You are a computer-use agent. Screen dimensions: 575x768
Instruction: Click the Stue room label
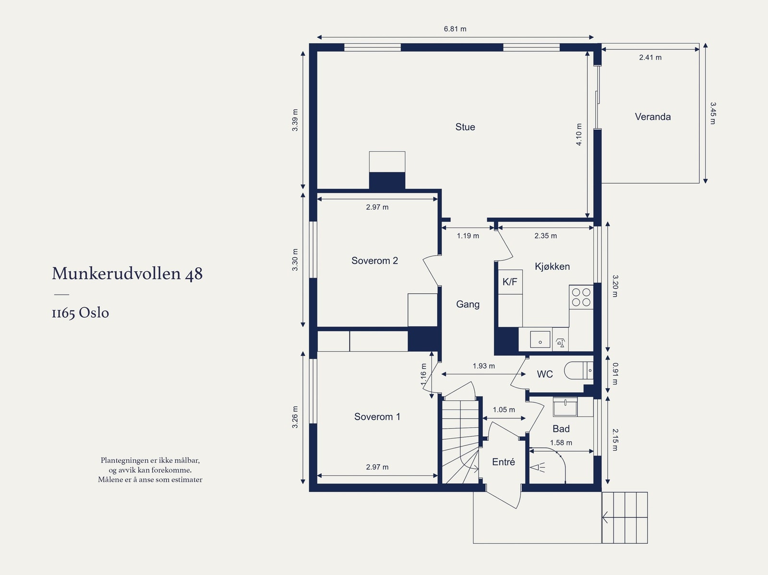click(x=465, y=127)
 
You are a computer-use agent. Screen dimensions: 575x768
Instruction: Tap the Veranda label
click(x=652, y=117)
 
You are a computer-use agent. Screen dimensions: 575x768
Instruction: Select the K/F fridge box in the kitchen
click(x=510, y=282)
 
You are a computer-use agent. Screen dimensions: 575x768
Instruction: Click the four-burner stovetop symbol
click(x=581, y=297)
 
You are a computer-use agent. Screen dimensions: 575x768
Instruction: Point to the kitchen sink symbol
click(x=540, y=339)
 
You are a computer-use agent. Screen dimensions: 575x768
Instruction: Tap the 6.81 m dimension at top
click(x=455, y=29)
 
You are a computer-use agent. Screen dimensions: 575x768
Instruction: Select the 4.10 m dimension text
click(x=579, y=134)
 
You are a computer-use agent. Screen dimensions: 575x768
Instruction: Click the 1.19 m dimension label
click(x=468, y=236)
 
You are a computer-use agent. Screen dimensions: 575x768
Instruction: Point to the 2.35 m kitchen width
click(x=545, y=236)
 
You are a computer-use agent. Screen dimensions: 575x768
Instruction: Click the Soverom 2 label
click(x=374, y=261)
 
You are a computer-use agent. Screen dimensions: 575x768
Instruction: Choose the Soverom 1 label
click(x=377, y=417)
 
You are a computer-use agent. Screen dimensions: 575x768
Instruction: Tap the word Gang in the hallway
click(x=468, y=304)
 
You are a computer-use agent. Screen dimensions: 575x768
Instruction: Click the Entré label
click(x=504, y=462)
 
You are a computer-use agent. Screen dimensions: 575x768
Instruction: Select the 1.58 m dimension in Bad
click(x=561, y=443)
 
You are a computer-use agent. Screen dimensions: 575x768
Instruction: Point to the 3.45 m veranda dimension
click(x=713, y=113)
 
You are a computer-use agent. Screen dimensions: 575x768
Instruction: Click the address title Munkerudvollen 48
click(x=127, y=274)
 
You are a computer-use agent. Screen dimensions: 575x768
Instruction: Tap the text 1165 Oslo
click(x=80, y=313)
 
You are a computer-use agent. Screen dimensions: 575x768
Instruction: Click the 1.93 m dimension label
click(x=483, y=366)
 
